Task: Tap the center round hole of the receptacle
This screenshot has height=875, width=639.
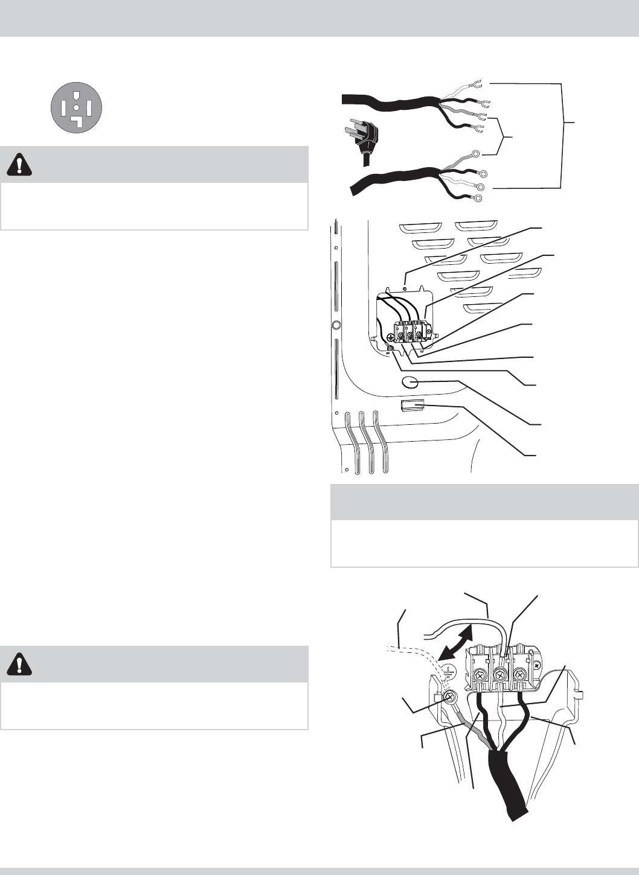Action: pos(75,107)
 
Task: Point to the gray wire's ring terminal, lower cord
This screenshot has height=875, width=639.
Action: pos(476,154)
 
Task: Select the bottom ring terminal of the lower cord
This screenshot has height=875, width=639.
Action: pos(478,198)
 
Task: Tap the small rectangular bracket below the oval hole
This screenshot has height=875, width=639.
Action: pos(411,405)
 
